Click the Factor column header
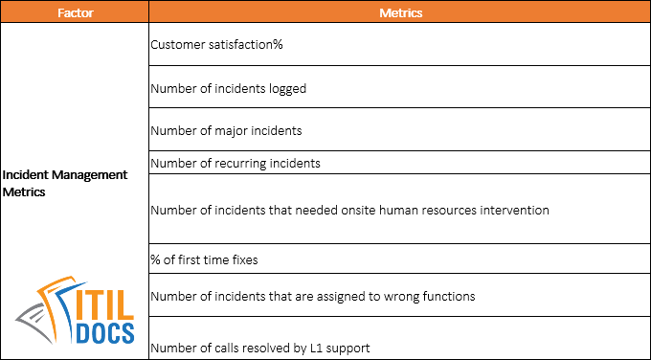(x=74, y=13)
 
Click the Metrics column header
(x=399, y=13)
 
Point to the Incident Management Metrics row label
(x=64, y=183)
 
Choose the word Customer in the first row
(x=178, y=44)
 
